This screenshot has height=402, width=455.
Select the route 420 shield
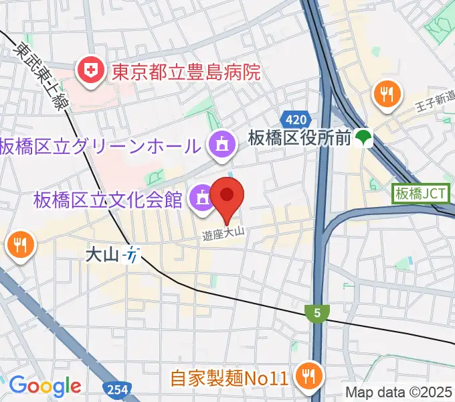coord(295,119)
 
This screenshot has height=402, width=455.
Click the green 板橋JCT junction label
coord(421,194)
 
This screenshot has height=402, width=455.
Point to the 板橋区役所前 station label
coord(300,139)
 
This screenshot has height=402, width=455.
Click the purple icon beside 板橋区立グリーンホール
coord(221,145)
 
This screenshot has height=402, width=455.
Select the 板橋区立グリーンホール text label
coord(100,145)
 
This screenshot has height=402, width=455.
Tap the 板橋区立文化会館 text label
coord(108,199)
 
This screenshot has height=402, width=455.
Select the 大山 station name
coord(102,255)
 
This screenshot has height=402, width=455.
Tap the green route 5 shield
coord(316,312)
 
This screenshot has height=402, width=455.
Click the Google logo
coord(45,386)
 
